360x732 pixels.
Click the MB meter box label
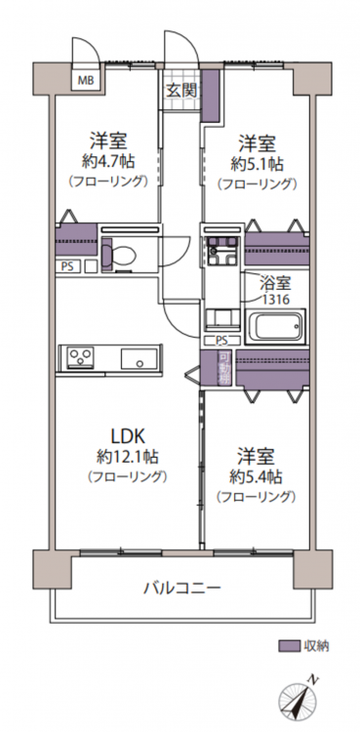(x=86, y=80)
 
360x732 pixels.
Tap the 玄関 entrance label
(x=181, y=91)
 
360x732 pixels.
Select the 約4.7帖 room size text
(x=108, y=161)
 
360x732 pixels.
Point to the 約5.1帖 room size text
(x=258, y=164)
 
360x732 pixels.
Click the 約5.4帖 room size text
(x=255, y=476)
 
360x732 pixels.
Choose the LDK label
(x=128, y=436)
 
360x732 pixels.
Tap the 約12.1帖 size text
(x=128, y=457)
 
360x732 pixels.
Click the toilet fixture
(x=120, y=255)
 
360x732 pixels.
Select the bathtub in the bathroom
(x=274, y=327)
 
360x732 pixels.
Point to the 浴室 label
(x=275, y=283)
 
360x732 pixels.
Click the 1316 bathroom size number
(x=275, y=299)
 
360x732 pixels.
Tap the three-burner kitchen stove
(x=81, y=358)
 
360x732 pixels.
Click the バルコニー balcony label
(x=181, y=587)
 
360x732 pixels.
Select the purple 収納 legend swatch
(x=289, y=646)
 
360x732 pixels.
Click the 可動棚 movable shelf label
(x=224, y=368)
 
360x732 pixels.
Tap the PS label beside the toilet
(x=67, y=266)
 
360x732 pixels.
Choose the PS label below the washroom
(x=222, y=341)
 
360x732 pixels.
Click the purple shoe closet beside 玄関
(x=211, y=96)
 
